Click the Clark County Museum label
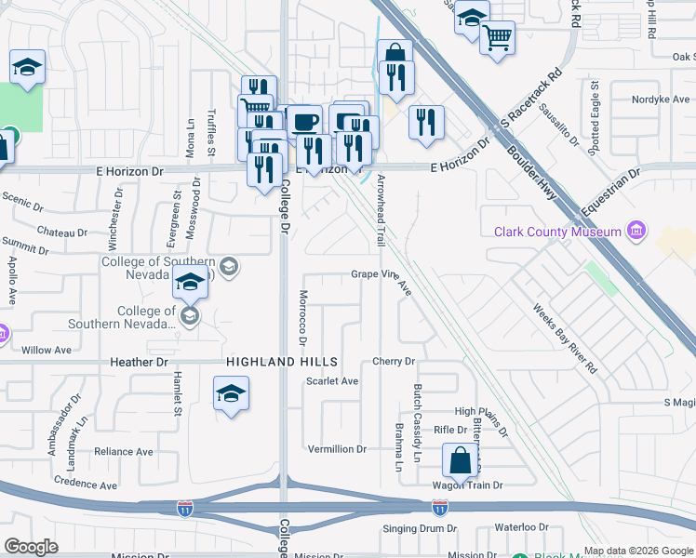pyautogui.click(x=557, y=232)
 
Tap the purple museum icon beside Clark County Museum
pyautogui.click(x=636, y=230)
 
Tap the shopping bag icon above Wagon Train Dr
pyautogui.click(x=461, y=459)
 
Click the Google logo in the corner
pyautogui.click(x=31, y=547)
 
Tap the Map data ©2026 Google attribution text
pyautogui.click(x=638, y=551)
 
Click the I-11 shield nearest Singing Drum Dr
pyautogui.click(x=438, y=508)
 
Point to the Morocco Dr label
pyautogui.click(x=302, y=317)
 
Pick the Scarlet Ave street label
pyautogui.click(x=332, y=381)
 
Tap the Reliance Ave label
pyautogui.click(x=124, y=452)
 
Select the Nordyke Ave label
pyautogui.click(x=661, y=100)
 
